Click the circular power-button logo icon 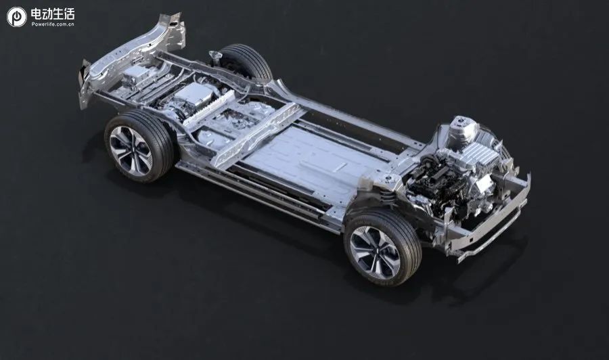click(x=17, y=17)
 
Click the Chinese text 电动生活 click(x=52, y=14)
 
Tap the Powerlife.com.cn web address click(x=53, y=24)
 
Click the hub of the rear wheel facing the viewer click(x=130, y=151)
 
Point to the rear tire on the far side click(x=245, y=62)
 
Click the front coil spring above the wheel click(x=387, y=195)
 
